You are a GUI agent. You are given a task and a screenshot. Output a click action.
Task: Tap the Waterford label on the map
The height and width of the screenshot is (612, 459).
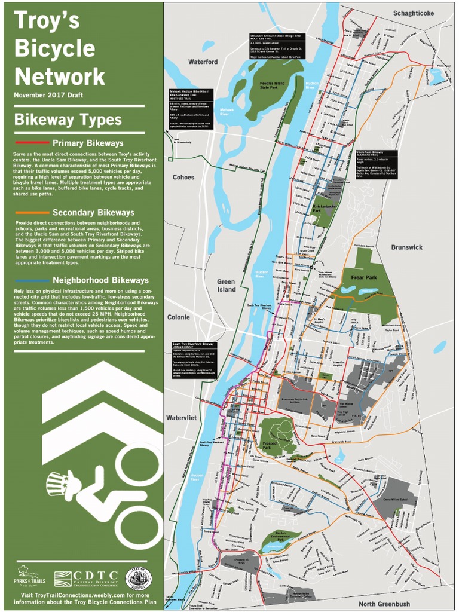tap(203, 62)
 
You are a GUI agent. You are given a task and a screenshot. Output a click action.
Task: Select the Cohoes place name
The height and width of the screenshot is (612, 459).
tap(183, 177)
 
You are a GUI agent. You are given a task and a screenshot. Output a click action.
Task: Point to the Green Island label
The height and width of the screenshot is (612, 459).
tap(226, 286)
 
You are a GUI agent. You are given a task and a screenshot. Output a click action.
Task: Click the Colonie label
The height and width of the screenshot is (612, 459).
tap(178, 317)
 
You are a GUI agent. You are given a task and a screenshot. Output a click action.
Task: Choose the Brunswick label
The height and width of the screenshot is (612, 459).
tap(406, 247)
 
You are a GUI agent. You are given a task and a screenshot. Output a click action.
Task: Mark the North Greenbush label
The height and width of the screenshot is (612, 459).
tap(384, 604)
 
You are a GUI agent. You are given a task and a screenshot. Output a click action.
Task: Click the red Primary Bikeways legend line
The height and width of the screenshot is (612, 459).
tap(31, 143)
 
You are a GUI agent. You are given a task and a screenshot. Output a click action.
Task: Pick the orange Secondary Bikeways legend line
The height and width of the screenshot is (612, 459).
tap(31, 212)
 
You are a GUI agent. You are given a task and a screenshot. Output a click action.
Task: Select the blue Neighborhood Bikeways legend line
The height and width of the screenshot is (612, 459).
tap(31, 280)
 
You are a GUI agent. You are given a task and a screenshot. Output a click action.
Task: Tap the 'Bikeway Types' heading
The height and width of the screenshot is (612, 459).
tap(68, 120)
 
